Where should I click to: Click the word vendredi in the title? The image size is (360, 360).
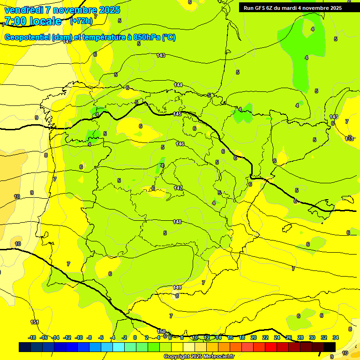pos(24,10)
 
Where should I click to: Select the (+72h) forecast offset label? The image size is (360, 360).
pos(82,21)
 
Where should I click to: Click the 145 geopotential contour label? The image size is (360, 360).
pos(177,114)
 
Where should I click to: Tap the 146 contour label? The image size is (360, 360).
pos(180,144)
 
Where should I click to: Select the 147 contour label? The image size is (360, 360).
pos(178,188)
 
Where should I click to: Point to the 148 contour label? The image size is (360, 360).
pos(177,222)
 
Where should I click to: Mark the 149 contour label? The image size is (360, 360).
pos(177,287)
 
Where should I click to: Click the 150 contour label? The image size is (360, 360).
pos(162,331)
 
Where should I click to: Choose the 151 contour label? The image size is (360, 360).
pos(35,322)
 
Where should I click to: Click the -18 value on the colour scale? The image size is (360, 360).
pos(32,337)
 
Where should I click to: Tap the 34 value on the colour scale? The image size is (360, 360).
pos(336,337)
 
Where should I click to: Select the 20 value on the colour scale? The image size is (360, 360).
pos(254,337)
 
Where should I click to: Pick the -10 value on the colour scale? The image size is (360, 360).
pos(79,337)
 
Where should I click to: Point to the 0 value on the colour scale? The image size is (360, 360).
pos(135,337)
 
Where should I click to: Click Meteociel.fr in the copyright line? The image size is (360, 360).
pos(216,356)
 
